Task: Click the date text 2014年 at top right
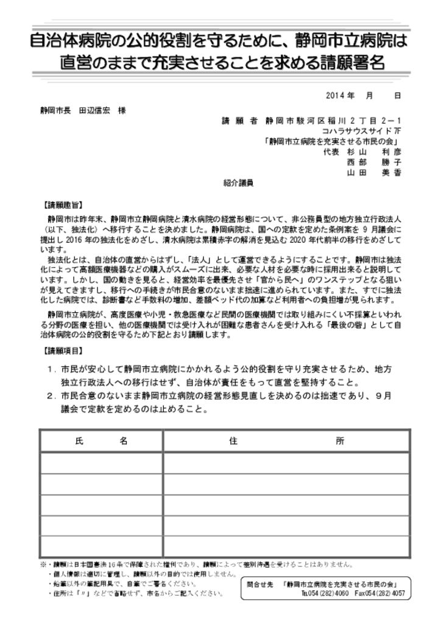coord(340,96)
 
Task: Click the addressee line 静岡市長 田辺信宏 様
coord(83,111)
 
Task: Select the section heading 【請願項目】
coord(65,351)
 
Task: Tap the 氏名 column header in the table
coord(101,441)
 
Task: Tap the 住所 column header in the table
coord(286,441)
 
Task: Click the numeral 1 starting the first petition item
coord(51,369)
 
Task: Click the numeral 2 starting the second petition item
coord(51,395)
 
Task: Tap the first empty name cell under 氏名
coord(101,463)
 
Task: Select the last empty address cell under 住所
coord(286,546)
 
